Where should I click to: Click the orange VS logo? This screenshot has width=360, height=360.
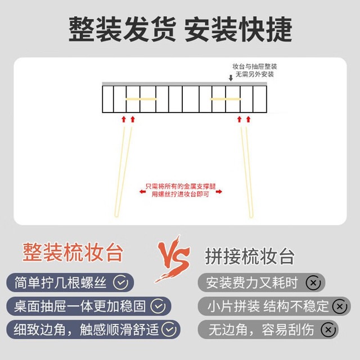click(x=173, y=259)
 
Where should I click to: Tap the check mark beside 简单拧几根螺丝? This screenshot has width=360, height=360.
click(x=121, y=282)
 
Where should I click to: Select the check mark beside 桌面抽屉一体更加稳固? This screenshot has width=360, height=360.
click(x=158, y=306)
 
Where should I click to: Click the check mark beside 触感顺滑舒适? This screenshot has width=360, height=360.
click(x=169, y=330)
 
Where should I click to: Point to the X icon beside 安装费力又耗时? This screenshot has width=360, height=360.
click(x=313, y=283)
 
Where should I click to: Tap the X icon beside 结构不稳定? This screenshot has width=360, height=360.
click(x=340, y=307)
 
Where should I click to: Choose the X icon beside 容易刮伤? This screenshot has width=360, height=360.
click(x=328, y=330)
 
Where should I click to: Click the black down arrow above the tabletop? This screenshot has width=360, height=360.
click(x=231, y=78)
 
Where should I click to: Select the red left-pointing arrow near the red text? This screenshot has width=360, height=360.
click(x=142, y=191)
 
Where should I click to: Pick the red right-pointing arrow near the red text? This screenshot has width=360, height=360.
click(x=219, y=191)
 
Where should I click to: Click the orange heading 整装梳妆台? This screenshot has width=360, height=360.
click(x=73, y=253)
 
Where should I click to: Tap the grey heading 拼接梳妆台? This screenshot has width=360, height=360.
click(x=250, y=256)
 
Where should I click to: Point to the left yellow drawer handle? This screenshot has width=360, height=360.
click(x=141, y=99)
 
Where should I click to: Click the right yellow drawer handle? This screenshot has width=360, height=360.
click(x=226, y=99)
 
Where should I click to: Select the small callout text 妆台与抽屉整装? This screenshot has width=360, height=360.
click(x=255, y=66)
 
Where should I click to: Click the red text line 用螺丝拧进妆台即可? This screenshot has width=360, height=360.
click(x=180, y=194)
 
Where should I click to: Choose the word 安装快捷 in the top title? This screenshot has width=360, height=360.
click(x=238, y=29)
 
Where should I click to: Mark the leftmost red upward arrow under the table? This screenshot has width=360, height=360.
click(x=124, y=119)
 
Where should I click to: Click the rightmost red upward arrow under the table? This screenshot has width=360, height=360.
click(x=248, y=119)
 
